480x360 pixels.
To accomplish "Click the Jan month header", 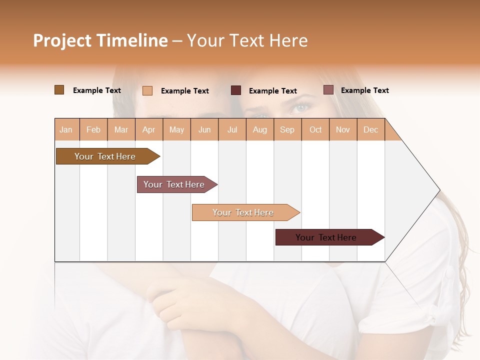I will point(66,129).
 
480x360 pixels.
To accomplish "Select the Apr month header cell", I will point(149,129).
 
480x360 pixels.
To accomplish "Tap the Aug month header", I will point(260,129).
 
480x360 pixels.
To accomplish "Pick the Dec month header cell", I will point(370,129).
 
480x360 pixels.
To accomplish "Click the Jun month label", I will point(204,129).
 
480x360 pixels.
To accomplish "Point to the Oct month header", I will point(315,129).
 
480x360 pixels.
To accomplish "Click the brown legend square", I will point(59,90).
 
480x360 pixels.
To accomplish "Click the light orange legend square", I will point(147,90).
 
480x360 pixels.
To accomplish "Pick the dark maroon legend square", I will point(236,90).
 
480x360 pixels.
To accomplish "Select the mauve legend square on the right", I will point(328,90).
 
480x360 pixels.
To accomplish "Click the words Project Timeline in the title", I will point(100,40).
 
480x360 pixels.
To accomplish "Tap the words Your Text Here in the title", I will point(247,40).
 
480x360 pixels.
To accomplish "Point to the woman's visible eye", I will point(302,107).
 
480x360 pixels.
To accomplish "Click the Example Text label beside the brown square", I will point(97,90).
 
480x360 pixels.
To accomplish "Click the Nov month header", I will point(343,129).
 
